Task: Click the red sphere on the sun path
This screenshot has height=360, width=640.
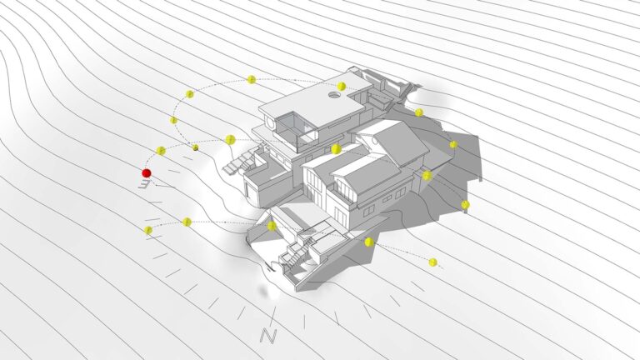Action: pos(147,173)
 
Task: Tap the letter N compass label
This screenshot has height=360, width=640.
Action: pos(268,335)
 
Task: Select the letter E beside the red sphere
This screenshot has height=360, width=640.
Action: pos(144,184)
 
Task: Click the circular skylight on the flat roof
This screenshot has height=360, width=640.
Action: pos(334,95)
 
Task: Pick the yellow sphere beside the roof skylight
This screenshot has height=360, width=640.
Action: pos(341,86)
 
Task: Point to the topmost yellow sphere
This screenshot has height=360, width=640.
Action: pos(252,80)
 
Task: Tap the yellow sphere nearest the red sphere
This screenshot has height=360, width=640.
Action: pos(161,151)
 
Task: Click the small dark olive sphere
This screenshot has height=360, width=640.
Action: pos(196,147)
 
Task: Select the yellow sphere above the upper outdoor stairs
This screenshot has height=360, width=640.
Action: pos(230,140)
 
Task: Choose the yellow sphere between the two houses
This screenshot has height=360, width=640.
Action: pos(336,149)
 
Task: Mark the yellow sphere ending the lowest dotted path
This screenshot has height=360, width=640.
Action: pos(433,262)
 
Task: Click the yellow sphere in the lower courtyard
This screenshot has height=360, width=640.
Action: pos(272,226)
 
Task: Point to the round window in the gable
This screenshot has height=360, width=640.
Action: pos(374,141)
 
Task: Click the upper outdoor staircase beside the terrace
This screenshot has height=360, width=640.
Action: pos(240,163)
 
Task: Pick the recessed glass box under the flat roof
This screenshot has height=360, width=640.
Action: pos(296,130)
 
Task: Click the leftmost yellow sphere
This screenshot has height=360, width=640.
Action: pos(148,230)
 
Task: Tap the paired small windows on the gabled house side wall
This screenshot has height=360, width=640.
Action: pos(368,210)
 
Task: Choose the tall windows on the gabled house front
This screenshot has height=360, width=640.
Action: pos(313,187)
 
